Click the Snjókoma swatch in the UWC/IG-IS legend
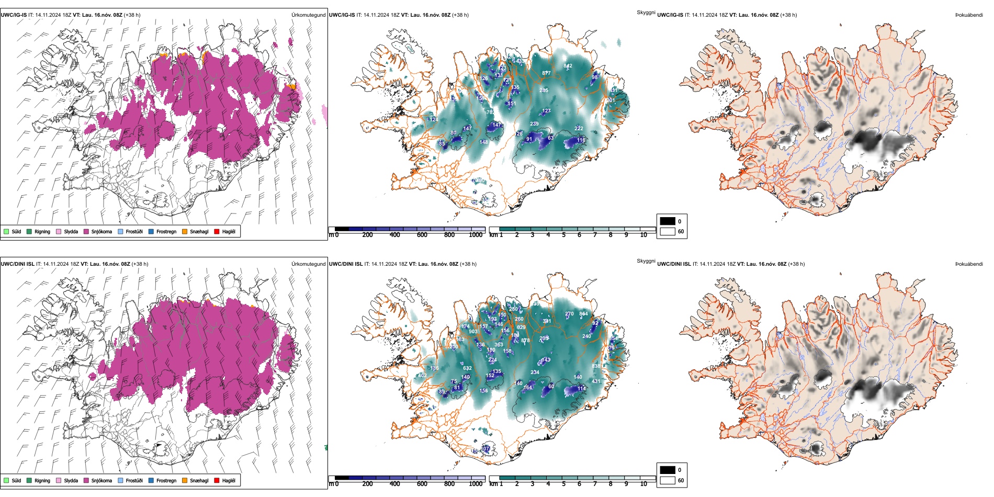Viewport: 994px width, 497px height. (86, 232)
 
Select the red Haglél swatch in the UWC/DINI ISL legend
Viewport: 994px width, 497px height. (217, 481)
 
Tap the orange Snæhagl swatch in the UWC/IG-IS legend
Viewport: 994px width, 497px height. (185, 232)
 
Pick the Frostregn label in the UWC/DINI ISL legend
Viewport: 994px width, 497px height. (166, 481)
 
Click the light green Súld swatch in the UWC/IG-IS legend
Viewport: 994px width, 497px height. (6, 232)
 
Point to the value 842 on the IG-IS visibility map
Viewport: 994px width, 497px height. (568, 66)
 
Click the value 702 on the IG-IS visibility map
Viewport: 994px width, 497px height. (491, 112)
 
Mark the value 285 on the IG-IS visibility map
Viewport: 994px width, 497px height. (544, 91)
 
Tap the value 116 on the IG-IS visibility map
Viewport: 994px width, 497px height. (581, 140)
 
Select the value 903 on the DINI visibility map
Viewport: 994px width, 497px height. (473, 332)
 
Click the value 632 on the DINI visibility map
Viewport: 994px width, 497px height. (468, 368)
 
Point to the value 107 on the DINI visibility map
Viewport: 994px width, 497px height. (486, 449)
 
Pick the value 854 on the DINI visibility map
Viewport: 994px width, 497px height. (583, 314)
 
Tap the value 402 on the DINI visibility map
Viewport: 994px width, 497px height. (422, 376)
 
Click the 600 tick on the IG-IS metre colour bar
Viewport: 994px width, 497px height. (422, 235)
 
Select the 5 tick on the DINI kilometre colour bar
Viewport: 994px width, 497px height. (564, 484)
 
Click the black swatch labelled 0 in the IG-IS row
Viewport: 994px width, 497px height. (668, 221)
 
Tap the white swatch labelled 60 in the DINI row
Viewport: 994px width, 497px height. (668, 480)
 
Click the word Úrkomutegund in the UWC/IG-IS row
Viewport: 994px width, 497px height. (308, 15)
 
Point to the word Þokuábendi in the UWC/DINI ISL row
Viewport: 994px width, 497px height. (969, 264)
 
